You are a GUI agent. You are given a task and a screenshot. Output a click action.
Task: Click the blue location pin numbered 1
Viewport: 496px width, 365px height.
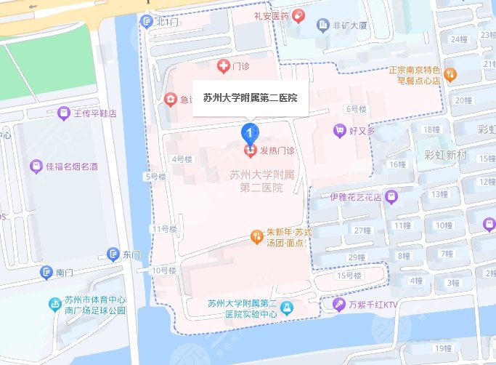249,132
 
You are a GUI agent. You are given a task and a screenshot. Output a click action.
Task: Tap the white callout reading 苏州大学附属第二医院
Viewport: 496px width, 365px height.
250,97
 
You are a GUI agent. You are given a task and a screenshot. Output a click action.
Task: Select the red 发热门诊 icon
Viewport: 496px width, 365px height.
250,151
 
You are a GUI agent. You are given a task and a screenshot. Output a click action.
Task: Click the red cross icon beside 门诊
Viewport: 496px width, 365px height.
224,67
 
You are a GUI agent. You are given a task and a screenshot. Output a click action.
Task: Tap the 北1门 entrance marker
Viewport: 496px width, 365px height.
148,22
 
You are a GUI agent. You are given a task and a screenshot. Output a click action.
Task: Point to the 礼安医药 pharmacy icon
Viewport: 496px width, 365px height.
300,15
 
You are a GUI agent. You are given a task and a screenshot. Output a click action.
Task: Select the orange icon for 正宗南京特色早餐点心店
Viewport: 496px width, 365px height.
450,74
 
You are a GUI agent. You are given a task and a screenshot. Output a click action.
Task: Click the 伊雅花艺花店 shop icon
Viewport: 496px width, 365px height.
391,196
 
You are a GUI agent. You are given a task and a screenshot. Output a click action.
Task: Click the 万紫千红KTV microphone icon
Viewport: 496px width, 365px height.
338,305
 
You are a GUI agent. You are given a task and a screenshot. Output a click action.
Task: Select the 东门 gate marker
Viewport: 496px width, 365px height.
113,254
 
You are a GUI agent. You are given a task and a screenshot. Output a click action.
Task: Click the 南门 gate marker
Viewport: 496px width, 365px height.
46,273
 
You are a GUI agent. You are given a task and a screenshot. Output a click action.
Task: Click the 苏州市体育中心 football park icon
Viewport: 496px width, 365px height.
55,304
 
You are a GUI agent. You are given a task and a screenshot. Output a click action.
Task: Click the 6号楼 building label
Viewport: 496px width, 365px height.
357,109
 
